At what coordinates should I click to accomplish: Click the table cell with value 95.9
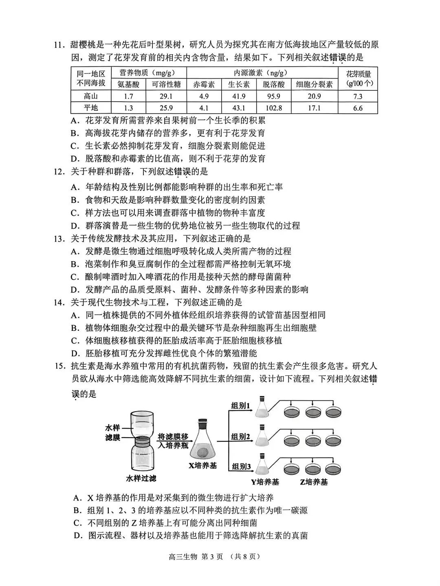coord(273,97)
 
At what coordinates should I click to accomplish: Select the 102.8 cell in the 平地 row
coord(273,108)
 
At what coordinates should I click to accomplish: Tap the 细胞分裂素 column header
coord(314,84)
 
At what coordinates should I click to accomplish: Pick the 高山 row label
coord(90,97)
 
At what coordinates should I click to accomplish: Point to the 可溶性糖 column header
coord(166,84)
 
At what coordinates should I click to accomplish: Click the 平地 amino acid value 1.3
coord(128,108)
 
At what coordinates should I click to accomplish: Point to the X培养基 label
coord(203,465)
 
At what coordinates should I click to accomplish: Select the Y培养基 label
coord(265,482)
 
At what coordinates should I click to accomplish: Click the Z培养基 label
coord(314,482)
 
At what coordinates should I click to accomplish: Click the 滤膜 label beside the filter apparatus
coord(112,437)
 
